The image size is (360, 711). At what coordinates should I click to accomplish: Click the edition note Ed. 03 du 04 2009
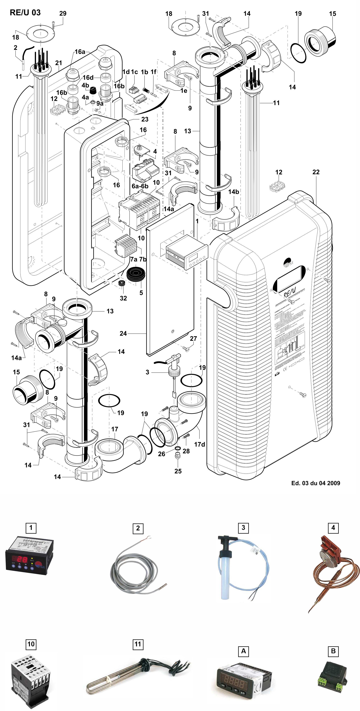316,483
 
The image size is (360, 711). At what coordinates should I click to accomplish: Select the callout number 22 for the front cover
316,172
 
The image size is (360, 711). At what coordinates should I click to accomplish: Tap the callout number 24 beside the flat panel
123,333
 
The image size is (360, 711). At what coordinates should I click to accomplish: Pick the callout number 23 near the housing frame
145,119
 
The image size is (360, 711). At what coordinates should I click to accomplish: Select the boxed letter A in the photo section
243,651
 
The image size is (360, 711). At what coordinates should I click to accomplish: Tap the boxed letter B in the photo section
333,651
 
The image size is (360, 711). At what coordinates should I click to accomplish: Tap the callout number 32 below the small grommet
123,298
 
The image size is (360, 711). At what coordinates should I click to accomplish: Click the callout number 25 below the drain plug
178,471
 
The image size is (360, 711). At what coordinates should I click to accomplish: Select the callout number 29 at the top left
63,13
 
